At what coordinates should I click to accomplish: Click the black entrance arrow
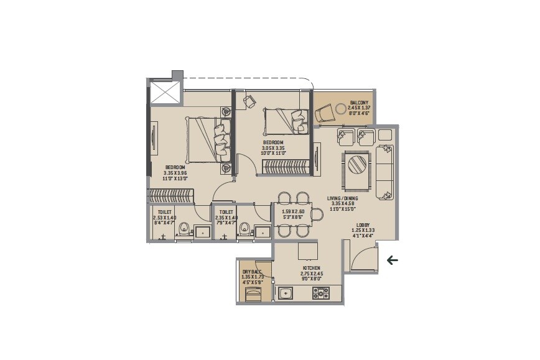392,260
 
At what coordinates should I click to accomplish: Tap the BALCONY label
359,103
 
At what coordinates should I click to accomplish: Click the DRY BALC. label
251,272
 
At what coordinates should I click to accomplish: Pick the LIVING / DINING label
343,198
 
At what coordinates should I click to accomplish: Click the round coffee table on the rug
357,165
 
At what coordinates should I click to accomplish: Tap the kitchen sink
287,292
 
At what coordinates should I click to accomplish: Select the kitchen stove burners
322,292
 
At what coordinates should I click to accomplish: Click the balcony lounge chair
325,114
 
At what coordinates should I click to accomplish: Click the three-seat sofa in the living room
384,172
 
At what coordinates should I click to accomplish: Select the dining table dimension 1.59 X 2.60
292,211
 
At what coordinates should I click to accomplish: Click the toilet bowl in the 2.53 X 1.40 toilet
183,231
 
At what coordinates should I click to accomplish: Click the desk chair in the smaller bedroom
251,101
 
